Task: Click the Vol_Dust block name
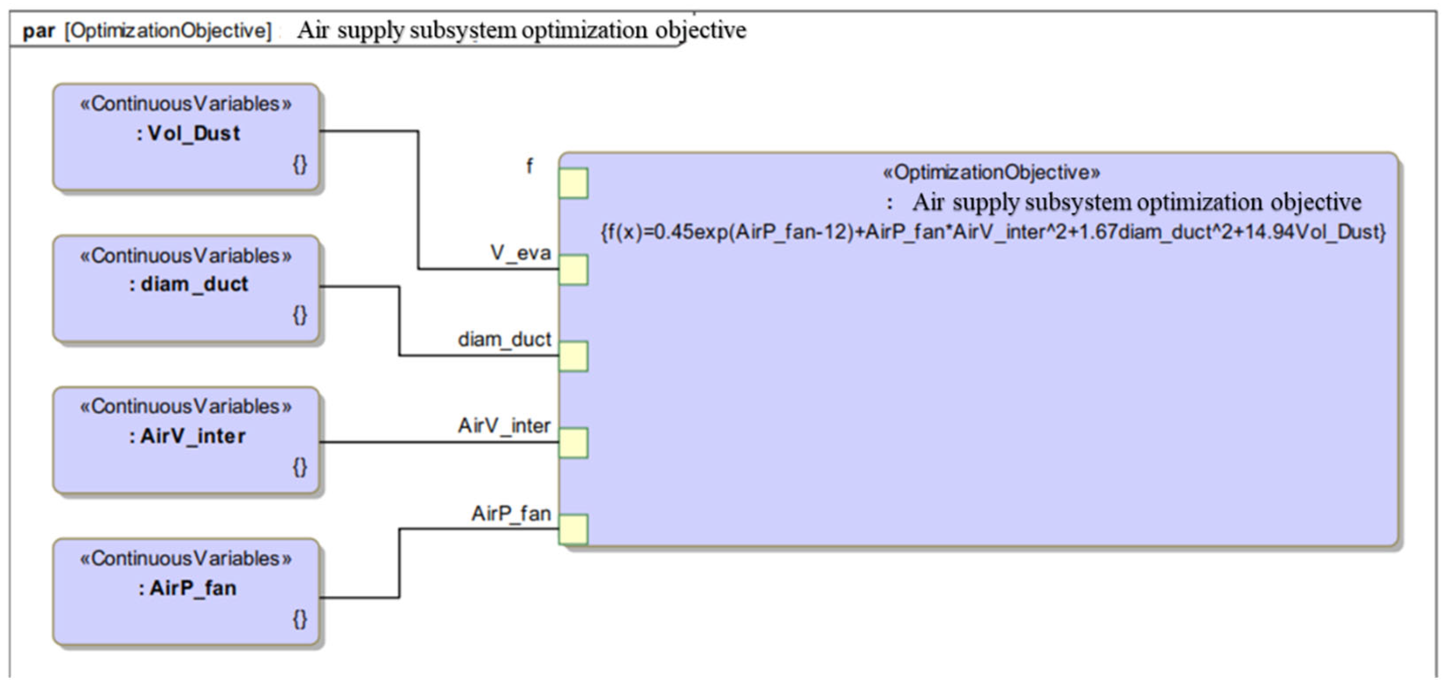[x=188, y=134]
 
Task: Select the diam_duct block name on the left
[x=188, y=285]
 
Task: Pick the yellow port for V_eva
[x=573, y=270]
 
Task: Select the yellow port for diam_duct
[x=573, y=357]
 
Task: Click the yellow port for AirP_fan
[x=573, y=530]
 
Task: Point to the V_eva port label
[x=520, y=253]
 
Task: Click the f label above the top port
[x=529, y=166]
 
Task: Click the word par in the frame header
[x=38, y=31]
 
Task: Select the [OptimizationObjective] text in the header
[x=168, y=31]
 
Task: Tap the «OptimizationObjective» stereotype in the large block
[x=991, y=172]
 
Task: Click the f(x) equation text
[x=993, y=232]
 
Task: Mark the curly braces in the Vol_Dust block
[x=300, y=164]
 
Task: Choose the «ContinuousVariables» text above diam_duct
[x=186, y=256]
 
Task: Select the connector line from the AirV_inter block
[x=439, y=442]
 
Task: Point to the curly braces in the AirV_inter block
[x=300, y=467]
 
